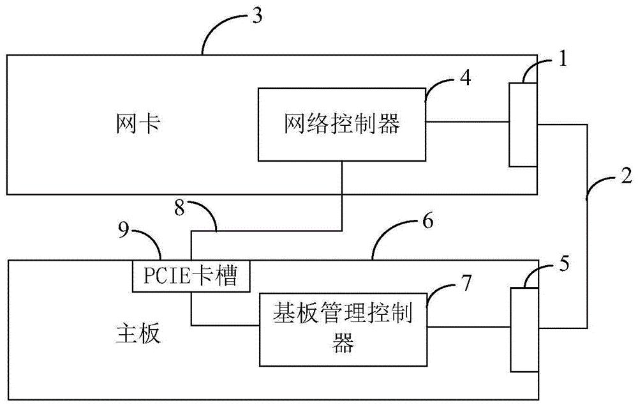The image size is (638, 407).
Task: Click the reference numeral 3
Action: pos(256,17)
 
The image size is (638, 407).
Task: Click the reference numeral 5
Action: pos(563,263)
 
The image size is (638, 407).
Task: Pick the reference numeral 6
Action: pos(427,222)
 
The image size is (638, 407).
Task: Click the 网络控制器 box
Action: pos(341,124)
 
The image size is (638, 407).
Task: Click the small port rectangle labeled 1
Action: pos(523,125)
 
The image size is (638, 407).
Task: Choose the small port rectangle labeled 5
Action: pos(524,328)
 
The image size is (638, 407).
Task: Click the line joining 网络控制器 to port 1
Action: pos(467,122)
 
